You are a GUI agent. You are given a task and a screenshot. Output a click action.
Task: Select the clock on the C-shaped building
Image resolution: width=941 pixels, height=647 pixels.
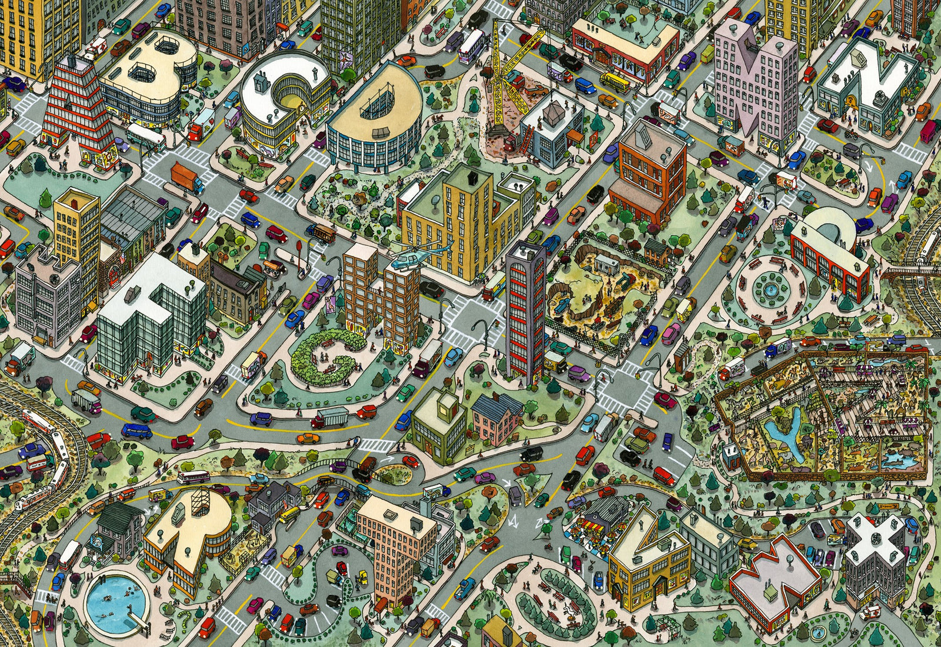point(301,109)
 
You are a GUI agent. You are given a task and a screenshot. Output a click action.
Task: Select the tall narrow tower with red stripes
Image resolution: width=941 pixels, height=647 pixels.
point(525,312)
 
